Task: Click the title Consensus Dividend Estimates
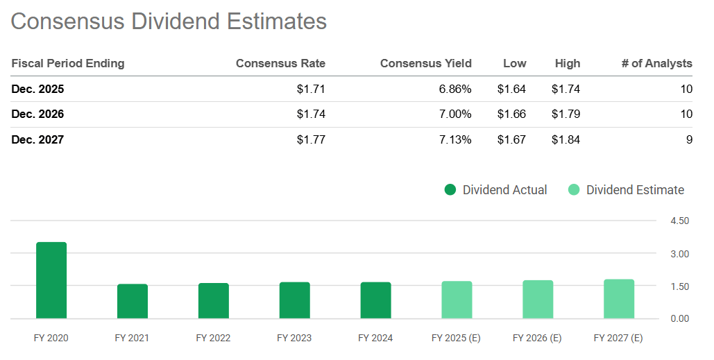tap(169, 21)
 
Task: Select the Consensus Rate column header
tap(280, 63)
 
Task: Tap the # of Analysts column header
tap(656, 63)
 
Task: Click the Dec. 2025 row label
tap(37, 89)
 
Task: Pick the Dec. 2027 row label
tap(37, 140)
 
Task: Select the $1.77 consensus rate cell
tap(310, 140)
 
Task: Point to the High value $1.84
tap(566, 140)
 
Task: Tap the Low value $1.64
tap(511, 89)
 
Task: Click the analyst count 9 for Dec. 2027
tap(688, 140)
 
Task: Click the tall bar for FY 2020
tap(51, 280)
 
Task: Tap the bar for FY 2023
tap(295, 300)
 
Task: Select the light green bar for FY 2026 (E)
tap(538, 300)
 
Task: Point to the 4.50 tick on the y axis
tap(680, 221)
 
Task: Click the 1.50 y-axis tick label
tap(680, 286)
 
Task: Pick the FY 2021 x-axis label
tap(132, 338)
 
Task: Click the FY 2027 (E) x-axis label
tap(618, 338)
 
